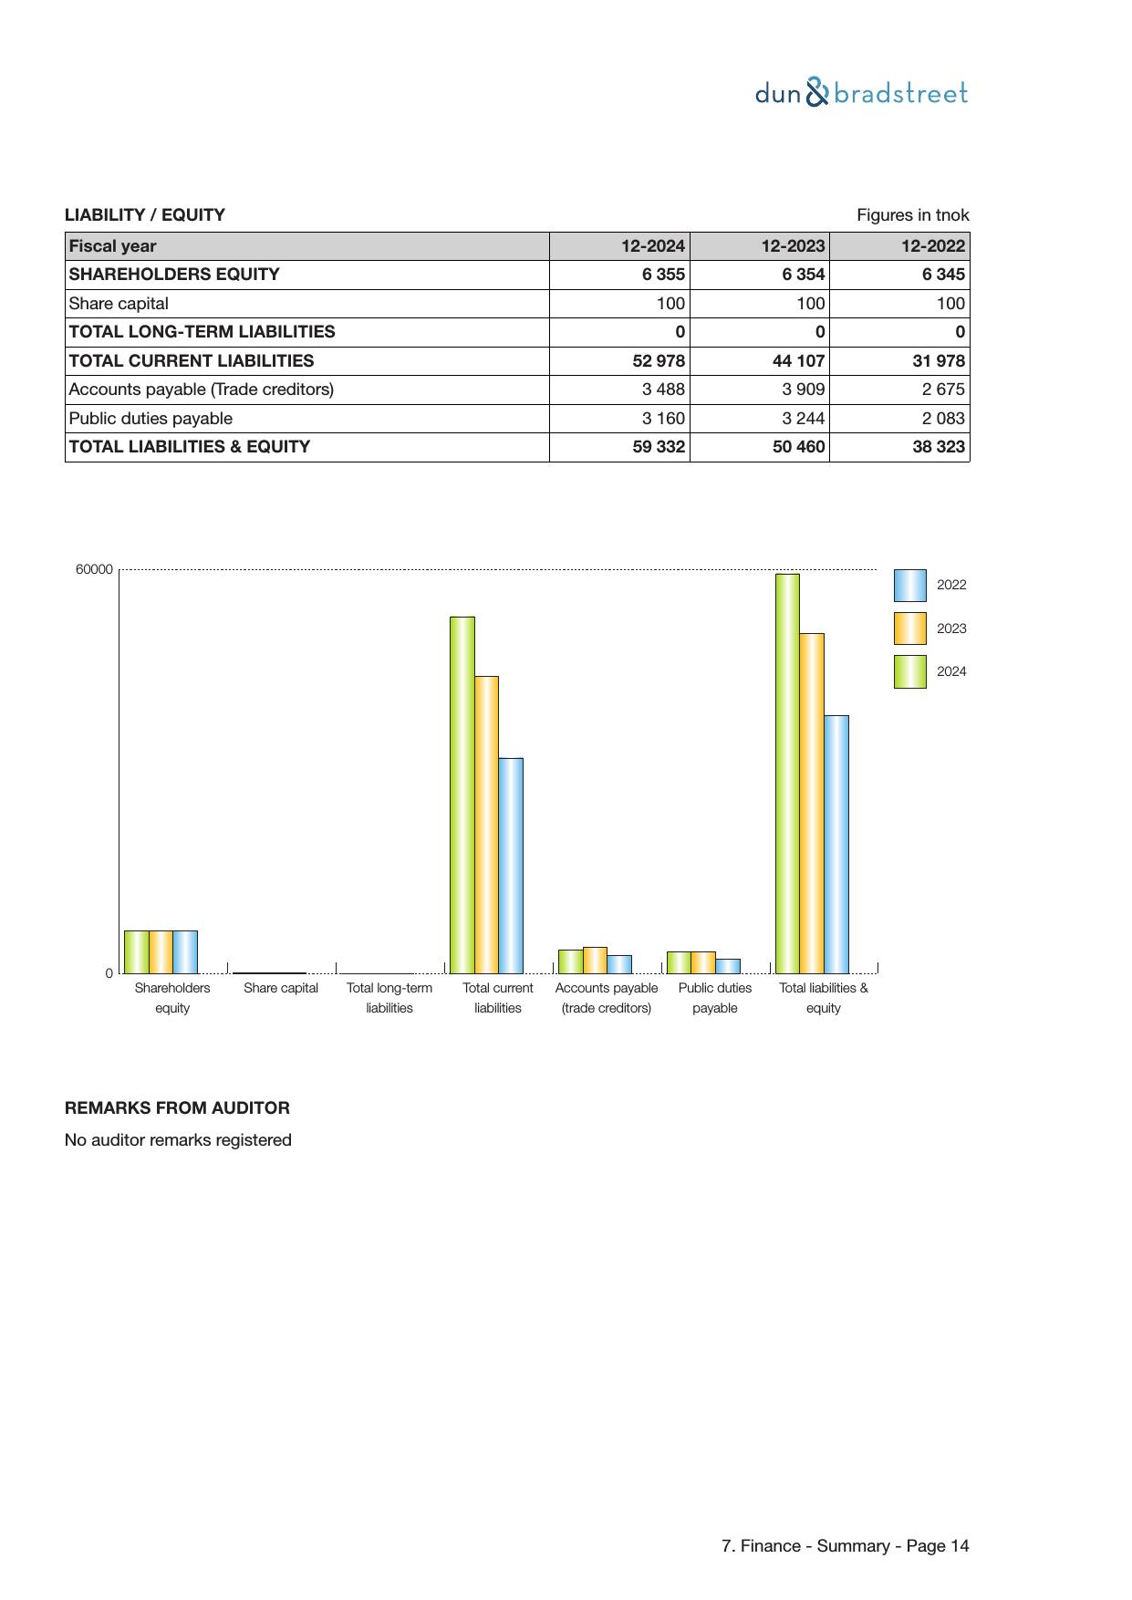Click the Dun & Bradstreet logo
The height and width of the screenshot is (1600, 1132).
pos(861,93)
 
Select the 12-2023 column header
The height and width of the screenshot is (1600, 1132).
pos(792,246)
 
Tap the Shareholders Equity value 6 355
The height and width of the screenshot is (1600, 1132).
pos(663,275)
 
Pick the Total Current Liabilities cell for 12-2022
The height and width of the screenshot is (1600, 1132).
pos(939,361)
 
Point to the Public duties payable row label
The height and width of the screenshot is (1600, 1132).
pos(151,419)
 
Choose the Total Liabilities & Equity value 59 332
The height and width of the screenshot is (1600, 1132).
pos(659,447)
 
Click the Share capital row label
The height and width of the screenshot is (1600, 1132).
pos(119,304)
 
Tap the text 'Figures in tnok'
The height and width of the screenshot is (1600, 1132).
pos(912,215)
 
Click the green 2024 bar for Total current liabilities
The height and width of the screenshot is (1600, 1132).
pos(462,794)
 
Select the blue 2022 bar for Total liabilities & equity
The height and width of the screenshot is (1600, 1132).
pos(836,844)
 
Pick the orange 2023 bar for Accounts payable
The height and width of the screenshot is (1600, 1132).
pos(595,961)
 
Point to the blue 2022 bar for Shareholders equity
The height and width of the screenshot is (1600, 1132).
pos(185,951)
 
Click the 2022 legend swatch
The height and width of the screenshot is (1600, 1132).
pos(909,586)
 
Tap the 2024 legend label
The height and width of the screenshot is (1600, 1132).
pos(951,672)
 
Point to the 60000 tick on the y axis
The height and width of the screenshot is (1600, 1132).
pos(94,570)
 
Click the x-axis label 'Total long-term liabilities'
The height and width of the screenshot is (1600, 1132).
pos(389,998)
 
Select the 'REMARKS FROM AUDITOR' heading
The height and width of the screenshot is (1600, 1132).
pos(177,1108)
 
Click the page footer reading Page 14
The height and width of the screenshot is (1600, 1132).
pos(845,1546)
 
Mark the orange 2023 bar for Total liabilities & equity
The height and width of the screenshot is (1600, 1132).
pos(812,803)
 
